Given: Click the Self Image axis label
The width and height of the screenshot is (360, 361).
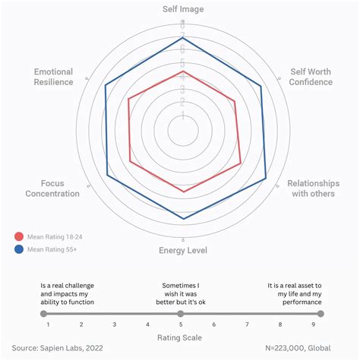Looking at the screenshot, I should [183, 9].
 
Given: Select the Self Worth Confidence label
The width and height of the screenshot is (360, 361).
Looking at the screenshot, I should [311, 77].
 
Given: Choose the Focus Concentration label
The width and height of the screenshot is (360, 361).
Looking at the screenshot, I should [52, 188].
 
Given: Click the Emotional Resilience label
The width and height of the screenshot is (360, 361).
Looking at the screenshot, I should [53, 77].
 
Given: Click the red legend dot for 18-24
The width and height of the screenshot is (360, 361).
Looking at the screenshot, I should [19, 236].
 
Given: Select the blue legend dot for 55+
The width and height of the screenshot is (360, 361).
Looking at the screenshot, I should [19, 249].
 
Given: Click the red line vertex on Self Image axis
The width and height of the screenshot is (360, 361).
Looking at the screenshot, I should [183, 72].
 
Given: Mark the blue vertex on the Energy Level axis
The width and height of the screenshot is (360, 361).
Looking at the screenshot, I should [183, 219].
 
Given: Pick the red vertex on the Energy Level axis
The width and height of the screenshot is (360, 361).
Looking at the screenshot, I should [183, 192].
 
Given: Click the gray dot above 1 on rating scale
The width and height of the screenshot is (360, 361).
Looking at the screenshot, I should [44, 313].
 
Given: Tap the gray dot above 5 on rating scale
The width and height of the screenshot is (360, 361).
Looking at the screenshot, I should [181, 313].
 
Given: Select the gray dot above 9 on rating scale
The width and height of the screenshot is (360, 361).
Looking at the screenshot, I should [320, 313].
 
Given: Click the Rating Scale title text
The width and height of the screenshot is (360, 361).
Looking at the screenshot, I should [179, 337].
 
